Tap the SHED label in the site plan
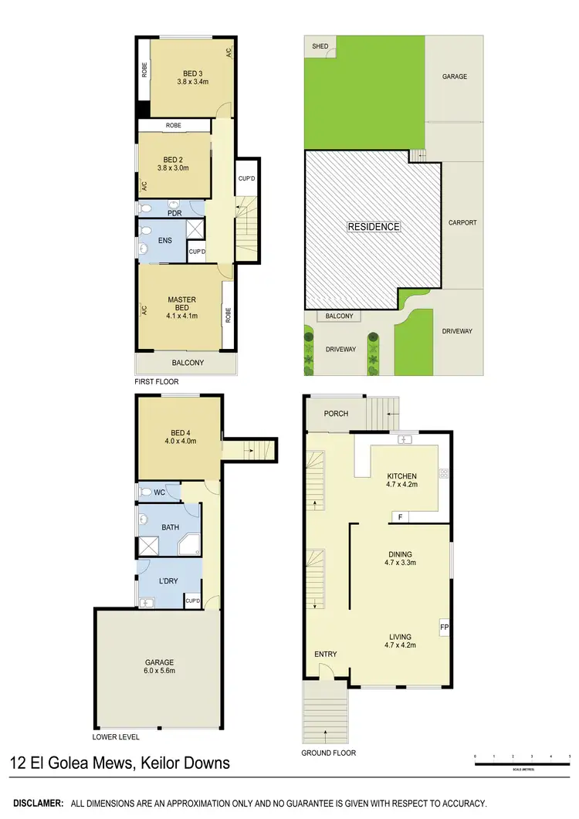coord(320,46)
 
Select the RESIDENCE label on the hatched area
coord(374,227)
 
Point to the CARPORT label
coord(462,222)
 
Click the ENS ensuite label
coord(165,240)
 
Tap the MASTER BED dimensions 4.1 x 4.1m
coord(182,316)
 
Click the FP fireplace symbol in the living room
coord(444,628)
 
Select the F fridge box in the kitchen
coord(399,517)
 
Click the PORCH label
coord(336,414)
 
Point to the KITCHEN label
coord(401,476)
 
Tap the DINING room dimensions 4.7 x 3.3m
coord(401,563)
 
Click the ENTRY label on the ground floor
coord(326,655)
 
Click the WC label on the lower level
coord(160,492)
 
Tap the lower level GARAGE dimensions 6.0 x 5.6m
coord(160,671)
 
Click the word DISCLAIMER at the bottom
coord(36,804)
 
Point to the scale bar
coord(522,764)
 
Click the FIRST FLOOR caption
coord(157,383)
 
